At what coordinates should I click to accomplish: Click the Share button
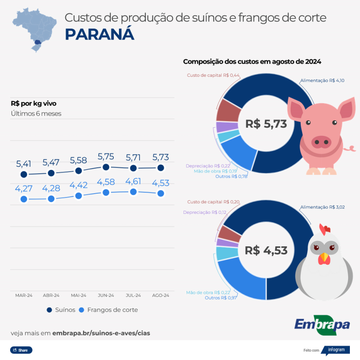21,350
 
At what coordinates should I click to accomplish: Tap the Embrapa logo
322,325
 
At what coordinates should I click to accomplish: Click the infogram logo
336,350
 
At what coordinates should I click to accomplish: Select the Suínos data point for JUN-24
106,167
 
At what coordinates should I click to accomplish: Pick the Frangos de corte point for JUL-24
133,191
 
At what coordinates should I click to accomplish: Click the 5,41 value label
24,164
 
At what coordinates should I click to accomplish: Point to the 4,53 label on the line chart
161,183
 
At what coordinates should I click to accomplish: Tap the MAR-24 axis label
24,295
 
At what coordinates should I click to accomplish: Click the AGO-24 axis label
161,295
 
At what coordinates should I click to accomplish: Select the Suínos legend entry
61,310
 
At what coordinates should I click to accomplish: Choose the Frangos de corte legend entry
108,310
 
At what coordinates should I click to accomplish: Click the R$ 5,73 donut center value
266,124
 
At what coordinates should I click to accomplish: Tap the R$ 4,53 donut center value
266,250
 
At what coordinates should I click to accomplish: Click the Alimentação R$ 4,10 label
322,80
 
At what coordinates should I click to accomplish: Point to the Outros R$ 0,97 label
221,298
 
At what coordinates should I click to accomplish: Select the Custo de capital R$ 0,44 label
213,75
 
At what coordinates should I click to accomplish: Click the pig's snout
321,141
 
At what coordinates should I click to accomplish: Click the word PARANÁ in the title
100,34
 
